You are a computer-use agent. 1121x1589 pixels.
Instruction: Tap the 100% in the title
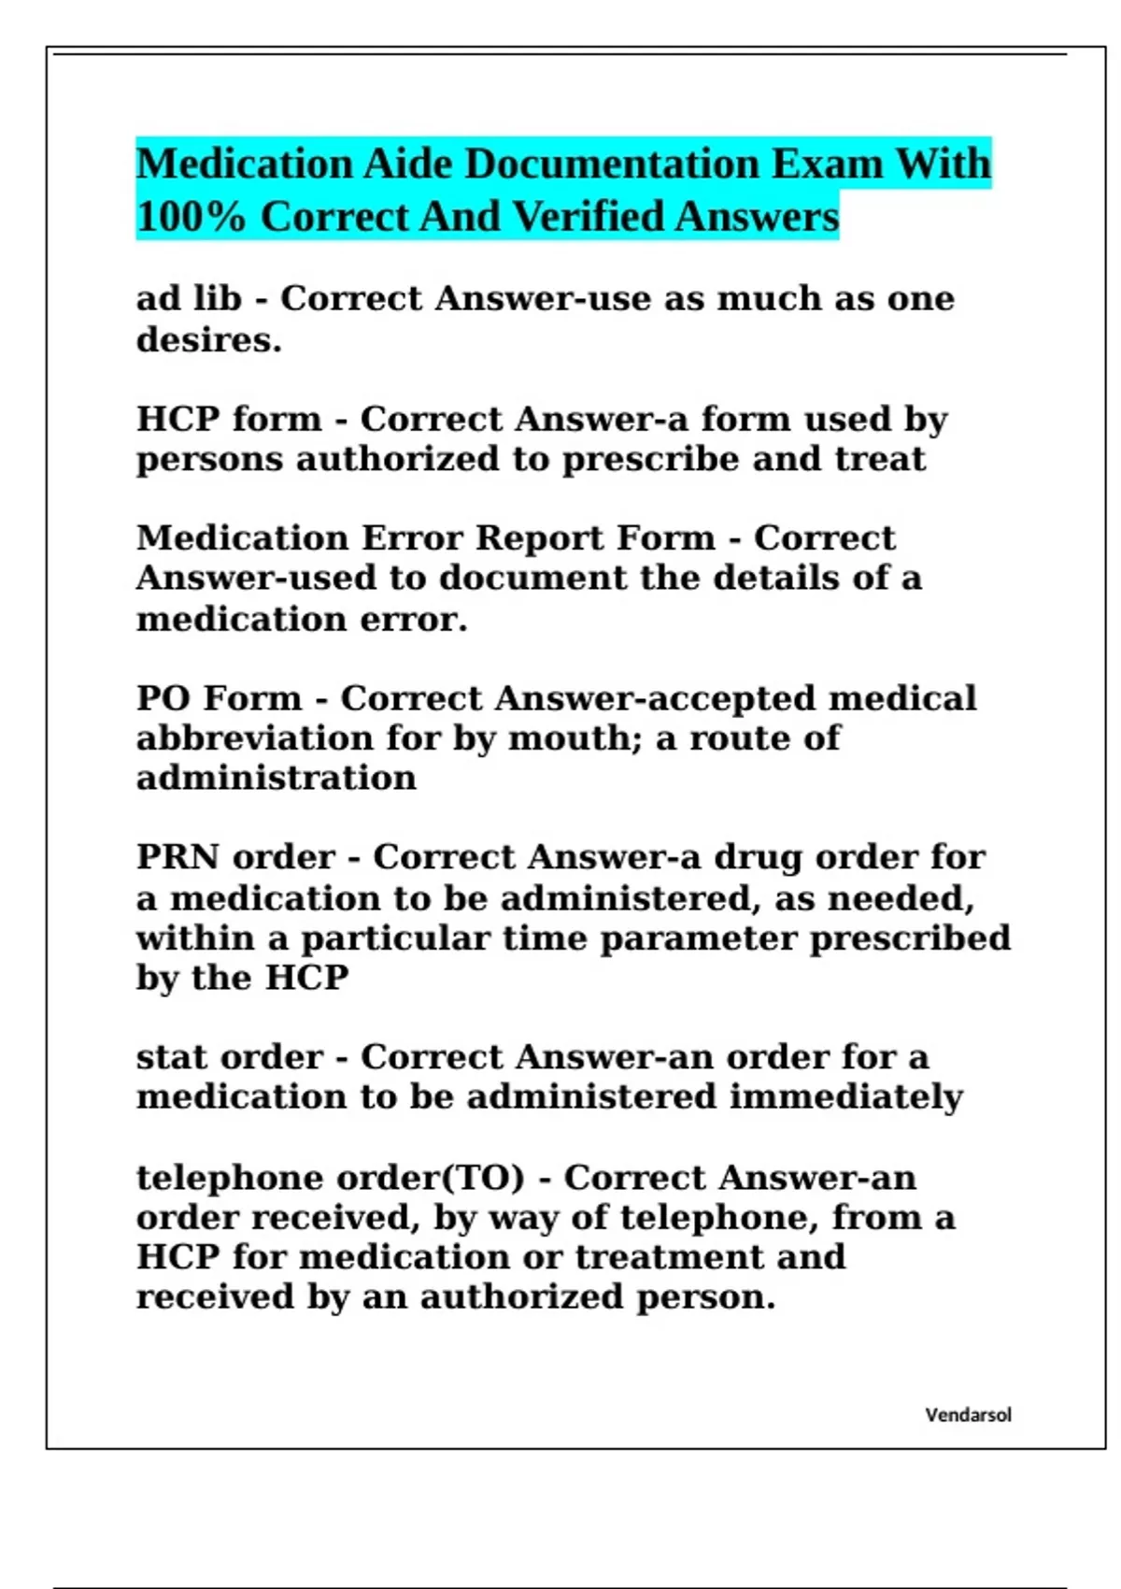191,217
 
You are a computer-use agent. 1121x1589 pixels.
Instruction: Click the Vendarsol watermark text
968,1415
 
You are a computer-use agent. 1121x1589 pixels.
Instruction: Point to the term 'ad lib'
189,299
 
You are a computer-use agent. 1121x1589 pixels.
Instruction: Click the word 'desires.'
209,339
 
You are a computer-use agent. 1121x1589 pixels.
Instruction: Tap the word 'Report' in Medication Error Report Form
536,538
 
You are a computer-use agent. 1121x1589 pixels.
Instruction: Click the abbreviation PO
163,698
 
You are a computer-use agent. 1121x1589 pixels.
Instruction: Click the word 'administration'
277,778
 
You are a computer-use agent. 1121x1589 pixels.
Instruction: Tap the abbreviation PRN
177,857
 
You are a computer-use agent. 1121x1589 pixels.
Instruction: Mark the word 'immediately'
845,1097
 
